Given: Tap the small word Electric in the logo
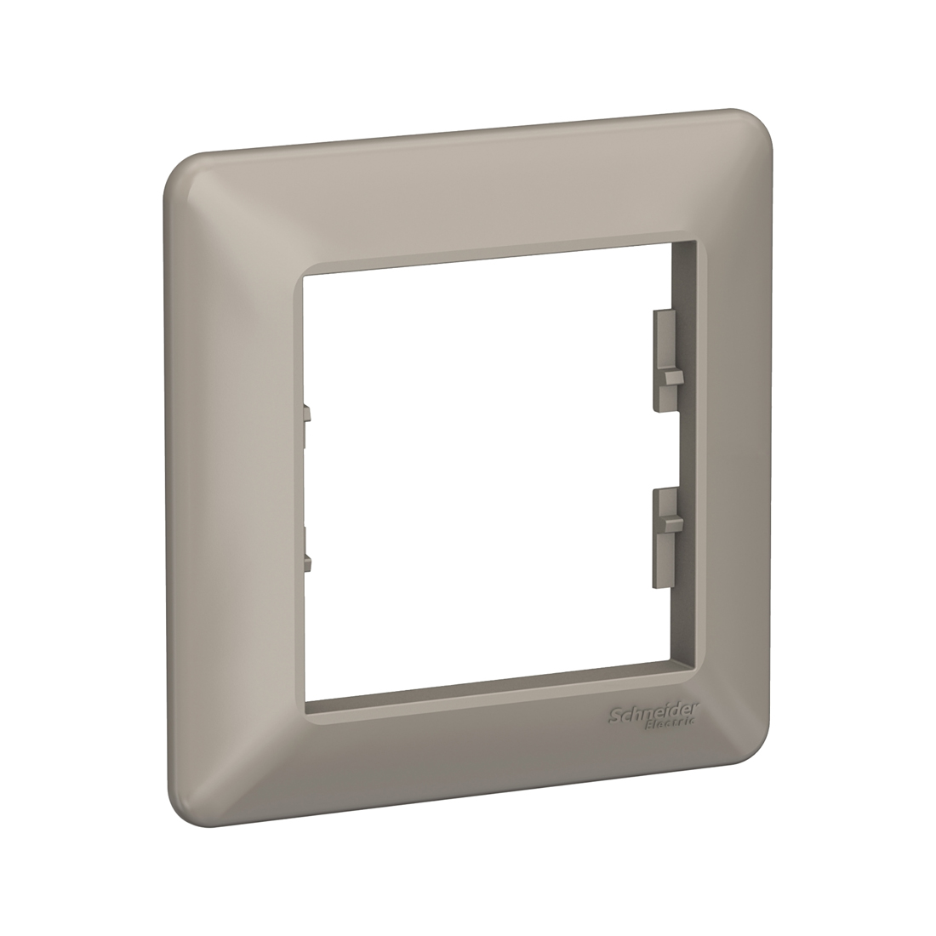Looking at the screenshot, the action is click(673, 722).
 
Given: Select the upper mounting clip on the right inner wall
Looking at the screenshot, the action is click(668, 361).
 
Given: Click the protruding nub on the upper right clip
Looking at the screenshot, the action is click(672, 376).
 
